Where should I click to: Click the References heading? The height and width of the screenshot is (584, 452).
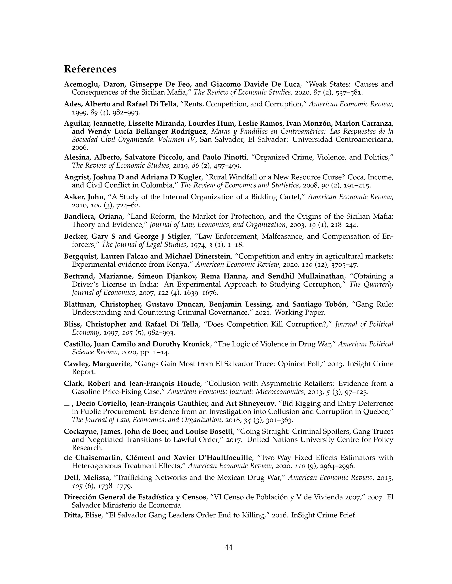pyautogui.click(x=90, y=69)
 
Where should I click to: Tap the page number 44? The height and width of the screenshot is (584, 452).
pyautogui.click(x=228, y=547)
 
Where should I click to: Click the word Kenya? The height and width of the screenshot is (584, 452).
pyautogui.click(x=181, y=264)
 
